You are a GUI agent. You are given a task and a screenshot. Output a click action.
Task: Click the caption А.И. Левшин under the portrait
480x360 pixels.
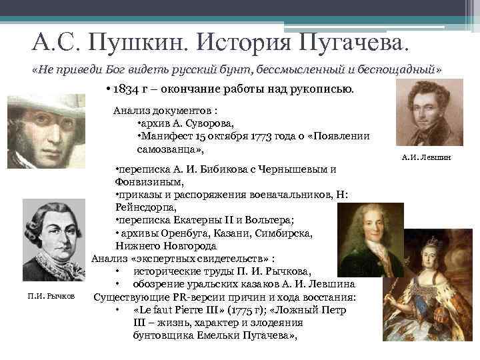(x=427, y=157)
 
